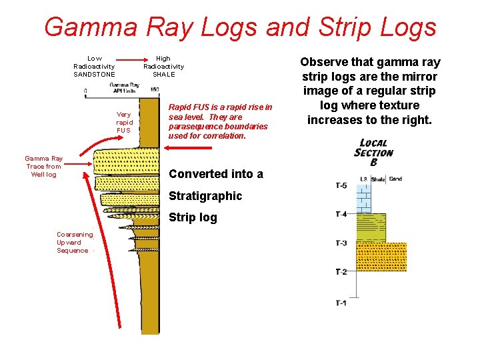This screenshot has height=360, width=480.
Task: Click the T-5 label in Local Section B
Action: coord(341,185)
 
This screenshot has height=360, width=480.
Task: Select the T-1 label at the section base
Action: coord(341,303)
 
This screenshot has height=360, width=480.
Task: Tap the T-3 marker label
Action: coord(341,243)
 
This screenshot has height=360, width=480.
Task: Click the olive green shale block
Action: coord(372,227)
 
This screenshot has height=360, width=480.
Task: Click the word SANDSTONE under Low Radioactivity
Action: coord(94,74)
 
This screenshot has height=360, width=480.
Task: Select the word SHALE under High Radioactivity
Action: coord(163,74)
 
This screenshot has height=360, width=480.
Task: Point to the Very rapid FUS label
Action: coord(124,122)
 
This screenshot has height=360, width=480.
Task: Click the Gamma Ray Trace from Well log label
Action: coord(44,167)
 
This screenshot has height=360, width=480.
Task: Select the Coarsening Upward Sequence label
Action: coord(73,243)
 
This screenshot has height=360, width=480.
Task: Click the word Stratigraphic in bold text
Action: coord(205,196)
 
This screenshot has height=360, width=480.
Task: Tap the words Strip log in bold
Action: coord(193,217)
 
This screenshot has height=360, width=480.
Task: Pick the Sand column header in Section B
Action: coord(395,179)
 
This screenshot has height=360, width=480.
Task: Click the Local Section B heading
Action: coord(373,152)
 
